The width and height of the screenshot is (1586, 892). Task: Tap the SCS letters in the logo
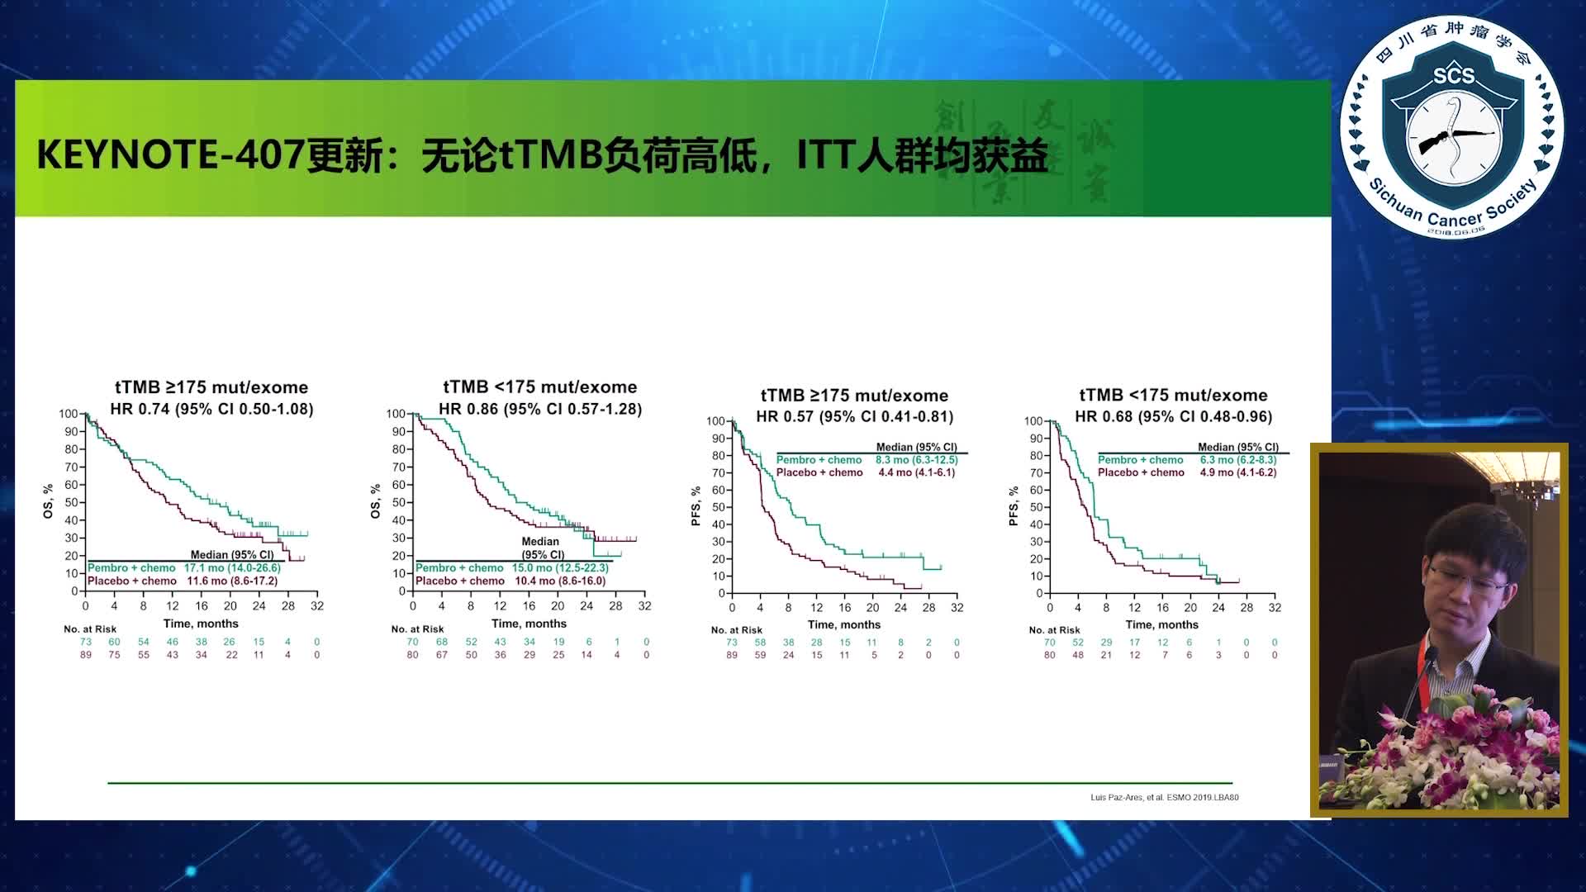tap(1453, 76)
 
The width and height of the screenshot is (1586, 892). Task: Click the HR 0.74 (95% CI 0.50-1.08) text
tap(211, 409)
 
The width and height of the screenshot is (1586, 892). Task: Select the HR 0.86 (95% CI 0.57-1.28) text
tap(539, 409)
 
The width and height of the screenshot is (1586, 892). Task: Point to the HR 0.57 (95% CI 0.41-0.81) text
tap(854, 416)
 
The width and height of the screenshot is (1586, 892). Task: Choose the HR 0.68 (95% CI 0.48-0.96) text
tap(1173, 416)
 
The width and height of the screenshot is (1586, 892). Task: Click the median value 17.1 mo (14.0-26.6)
tap(232, 568)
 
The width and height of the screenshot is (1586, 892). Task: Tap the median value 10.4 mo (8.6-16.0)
tap(560, 581)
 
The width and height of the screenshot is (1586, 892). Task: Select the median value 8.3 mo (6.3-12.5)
tap(916, 460)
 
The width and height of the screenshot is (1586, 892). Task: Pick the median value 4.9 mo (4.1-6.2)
tap(1237, 472)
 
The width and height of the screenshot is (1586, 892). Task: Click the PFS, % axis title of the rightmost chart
tap(1013, 506)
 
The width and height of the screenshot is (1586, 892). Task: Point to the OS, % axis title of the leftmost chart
tap(48, 501)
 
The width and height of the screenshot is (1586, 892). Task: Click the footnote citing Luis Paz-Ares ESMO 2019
tap(1164, 797)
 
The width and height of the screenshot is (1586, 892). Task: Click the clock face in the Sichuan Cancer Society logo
tap(1453, 136)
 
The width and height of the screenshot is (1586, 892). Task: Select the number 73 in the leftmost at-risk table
tap(86, 642)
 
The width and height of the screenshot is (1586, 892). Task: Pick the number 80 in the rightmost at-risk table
tap(1049, 655)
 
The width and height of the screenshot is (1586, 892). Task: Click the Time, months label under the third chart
tap(843, 624)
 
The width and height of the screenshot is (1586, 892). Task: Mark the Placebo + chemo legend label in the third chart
tap(819, 472)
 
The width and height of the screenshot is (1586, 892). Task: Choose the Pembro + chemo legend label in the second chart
tap(459, 568)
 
